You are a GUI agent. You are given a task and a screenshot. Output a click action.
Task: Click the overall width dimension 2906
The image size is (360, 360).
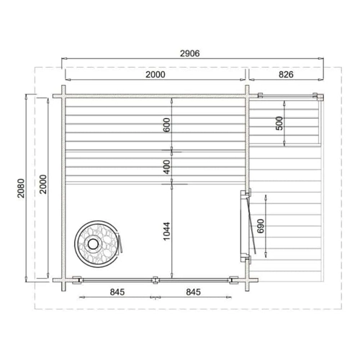pyautogui.click(x=190, y=53)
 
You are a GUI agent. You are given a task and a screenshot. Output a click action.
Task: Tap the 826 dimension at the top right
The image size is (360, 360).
pyautogui.click(x=286, y=75)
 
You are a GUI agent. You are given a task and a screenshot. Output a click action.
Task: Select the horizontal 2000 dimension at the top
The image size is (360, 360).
pyautogui.click(x=156, y=75)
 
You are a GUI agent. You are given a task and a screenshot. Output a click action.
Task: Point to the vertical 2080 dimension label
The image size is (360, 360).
pyautogui.click(x=21, y=188)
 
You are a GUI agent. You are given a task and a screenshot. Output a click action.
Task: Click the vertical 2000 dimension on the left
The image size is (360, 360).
pyautogui.click(x=43, y=184)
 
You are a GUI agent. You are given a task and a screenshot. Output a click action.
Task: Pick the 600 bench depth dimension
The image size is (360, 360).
pyautogui.click(x=166, y=125)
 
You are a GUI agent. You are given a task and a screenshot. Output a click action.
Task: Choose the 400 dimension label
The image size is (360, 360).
pyautogui.click(x=166, y=167)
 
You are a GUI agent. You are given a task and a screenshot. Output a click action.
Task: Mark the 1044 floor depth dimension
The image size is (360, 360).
pyautogui.click(x=166, y=231)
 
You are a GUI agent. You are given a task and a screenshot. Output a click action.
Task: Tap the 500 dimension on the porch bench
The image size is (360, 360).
pyautogui.click(x=279, y=123)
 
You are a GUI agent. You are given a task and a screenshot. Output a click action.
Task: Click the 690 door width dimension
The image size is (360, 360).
pyautogui.click(x=261, y=226)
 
